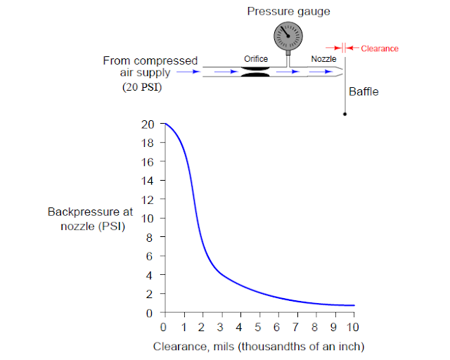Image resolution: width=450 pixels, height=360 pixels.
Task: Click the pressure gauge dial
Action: pos(288,36)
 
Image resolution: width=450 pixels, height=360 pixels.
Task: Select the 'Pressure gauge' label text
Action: pos(288,11)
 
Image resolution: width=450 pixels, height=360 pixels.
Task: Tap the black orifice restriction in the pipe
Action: pos(255,72)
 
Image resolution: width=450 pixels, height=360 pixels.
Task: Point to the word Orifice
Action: pos(256,59)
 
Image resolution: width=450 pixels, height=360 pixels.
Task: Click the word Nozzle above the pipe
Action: pos(323,59)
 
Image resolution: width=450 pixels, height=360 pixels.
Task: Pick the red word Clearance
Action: pos(380,49)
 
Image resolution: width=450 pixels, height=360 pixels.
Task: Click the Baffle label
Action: pos(364,91)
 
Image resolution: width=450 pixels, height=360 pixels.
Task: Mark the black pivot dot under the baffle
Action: pos(345,114)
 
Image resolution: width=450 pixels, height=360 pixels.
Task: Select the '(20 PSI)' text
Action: pos(142,86)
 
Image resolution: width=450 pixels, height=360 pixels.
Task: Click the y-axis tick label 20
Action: pos(148,124)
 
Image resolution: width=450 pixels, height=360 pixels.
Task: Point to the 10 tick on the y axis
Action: pos(148,219)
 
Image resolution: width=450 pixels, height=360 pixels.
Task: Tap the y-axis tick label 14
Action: pos(148,181)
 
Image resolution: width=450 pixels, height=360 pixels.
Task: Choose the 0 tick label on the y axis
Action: pos(149,313)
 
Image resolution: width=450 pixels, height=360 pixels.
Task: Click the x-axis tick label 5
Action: pos(258,327)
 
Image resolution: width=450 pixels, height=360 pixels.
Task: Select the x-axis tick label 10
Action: pos(352,327)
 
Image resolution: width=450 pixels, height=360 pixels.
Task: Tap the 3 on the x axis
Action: pos(220,327)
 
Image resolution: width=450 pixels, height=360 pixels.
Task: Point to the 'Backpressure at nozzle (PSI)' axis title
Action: pos(91,219)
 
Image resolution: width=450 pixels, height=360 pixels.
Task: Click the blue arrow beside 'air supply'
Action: pos(188,72)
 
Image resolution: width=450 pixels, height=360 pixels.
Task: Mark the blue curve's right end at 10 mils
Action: pos(354,305)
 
